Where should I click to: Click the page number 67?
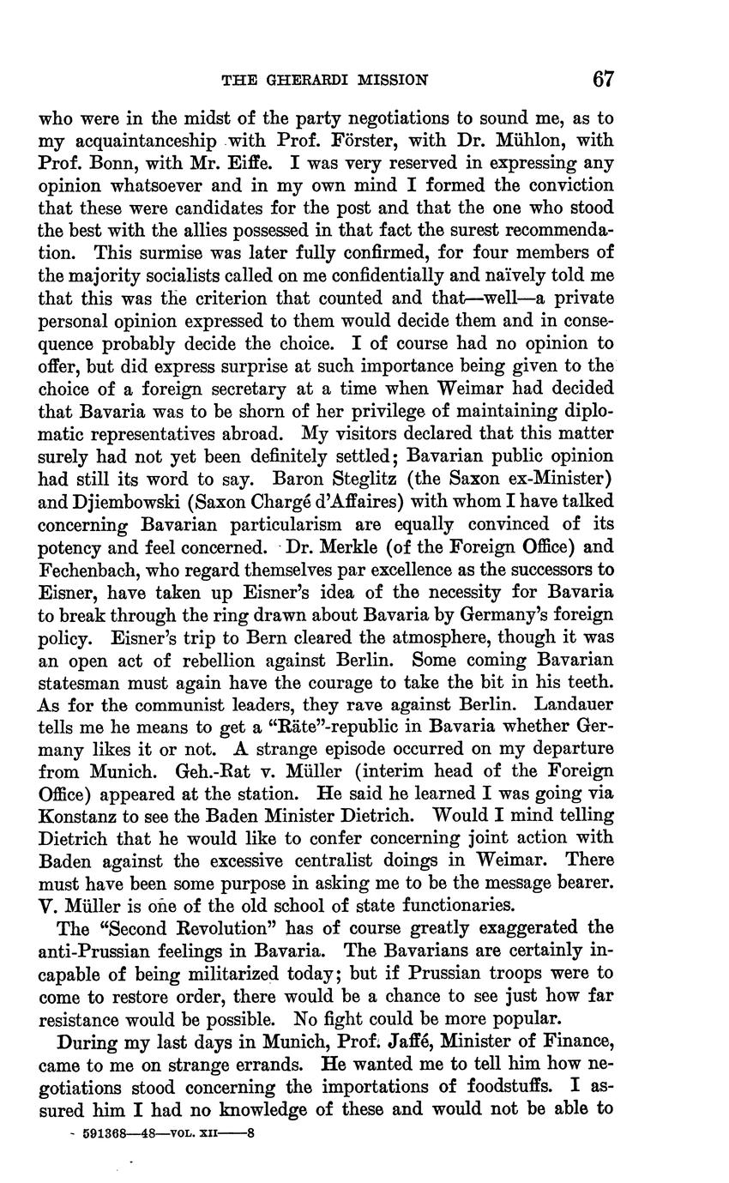(603, 80)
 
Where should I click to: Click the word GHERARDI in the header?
(296, 81)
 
